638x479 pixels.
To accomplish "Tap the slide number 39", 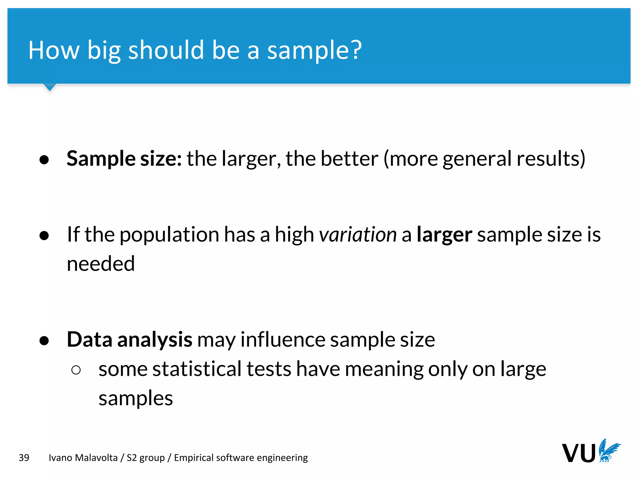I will (x=24, y=457).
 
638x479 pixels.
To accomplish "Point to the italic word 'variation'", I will (x=358, y=235).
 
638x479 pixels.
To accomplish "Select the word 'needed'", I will (x=101, y=264).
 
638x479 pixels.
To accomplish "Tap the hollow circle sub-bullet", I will (x=76, y=370).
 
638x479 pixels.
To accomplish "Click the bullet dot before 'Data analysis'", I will (x=44, y=341).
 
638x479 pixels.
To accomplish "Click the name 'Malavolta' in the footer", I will (x=96, y=457).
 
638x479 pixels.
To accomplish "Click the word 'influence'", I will (x=283, y=340).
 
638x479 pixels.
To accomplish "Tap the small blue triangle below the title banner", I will (x=50, y=87).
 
